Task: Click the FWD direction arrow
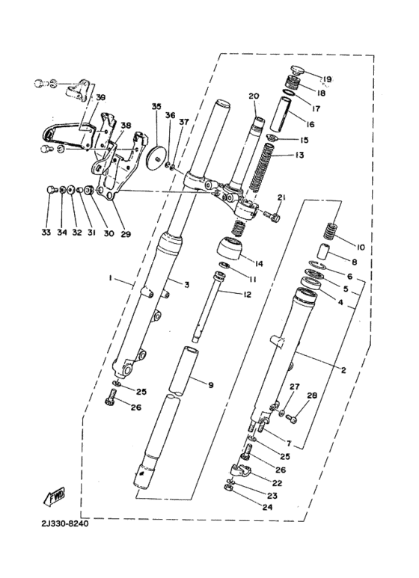coord(55,496)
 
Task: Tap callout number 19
coord(327,79)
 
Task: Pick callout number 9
coord(211,385)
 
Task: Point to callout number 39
coord(101,98)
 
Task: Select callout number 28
coord(312,396)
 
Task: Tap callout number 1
coord(109,278)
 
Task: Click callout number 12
coord(247,295)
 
